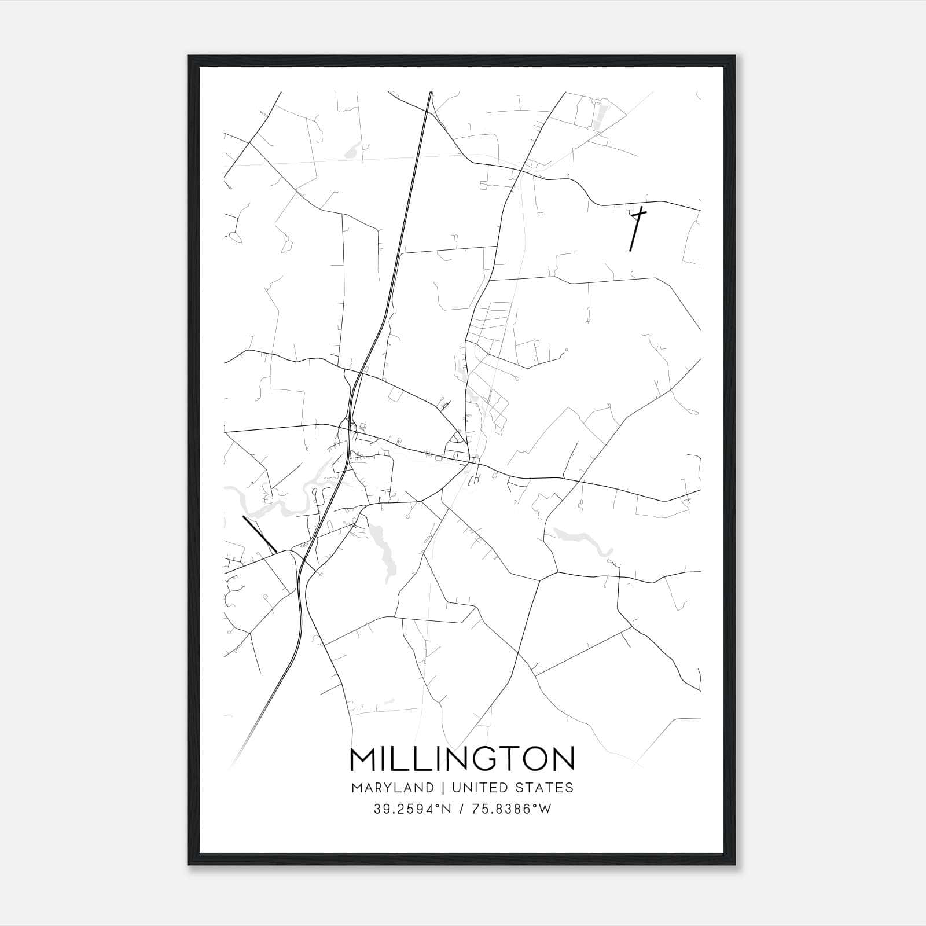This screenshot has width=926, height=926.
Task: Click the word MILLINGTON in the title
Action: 462,759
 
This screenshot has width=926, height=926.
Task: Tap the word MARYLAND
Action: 392,788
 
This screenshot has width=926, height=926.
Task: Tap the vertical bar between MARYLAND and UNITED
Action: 442,788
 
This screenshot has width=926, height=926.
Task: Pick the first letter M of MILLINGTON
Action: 363,759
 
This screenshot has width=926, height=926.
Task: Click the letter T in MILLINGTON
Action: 509,759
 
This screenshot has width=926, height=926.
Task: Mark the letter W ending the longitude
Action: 546,809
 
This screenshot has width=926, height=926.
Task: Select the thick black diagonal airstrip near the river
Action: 259,534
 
